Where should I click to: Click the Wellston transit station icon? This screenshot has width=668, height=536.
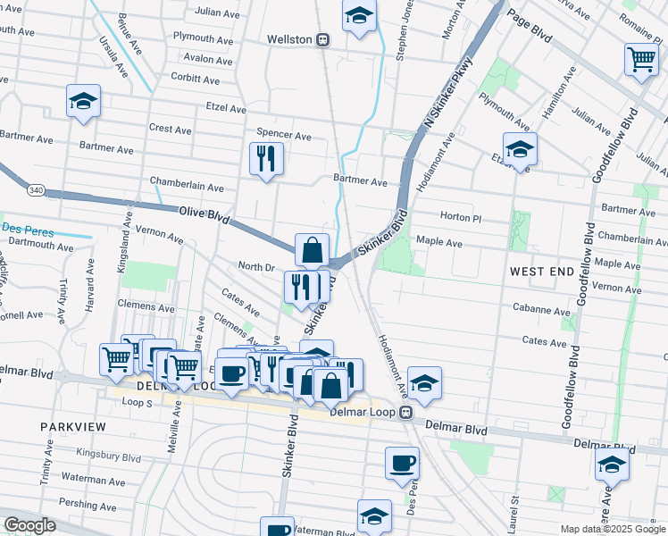point(322,40)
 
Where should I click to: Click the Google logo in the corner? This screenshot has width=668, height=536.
point(29,525)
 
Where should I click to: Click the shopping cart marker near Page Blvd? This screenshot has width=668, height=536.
point(641,60)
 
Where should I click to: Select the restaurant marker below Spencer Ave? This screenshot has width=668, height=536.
point(266,159)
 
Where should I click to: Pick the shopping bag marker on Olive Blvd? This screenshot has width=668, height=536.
point(312,250)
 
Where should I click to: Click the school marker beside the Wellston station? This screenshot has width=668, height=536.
point(359,16)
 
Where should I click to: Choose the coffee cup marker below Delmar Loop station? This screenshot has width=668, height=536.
point(402,464)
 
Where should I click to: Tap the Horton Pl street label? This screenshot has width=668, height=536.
point(462,217)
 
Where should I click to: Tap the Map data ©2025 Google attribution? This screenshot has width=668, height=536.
point(612,529)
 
